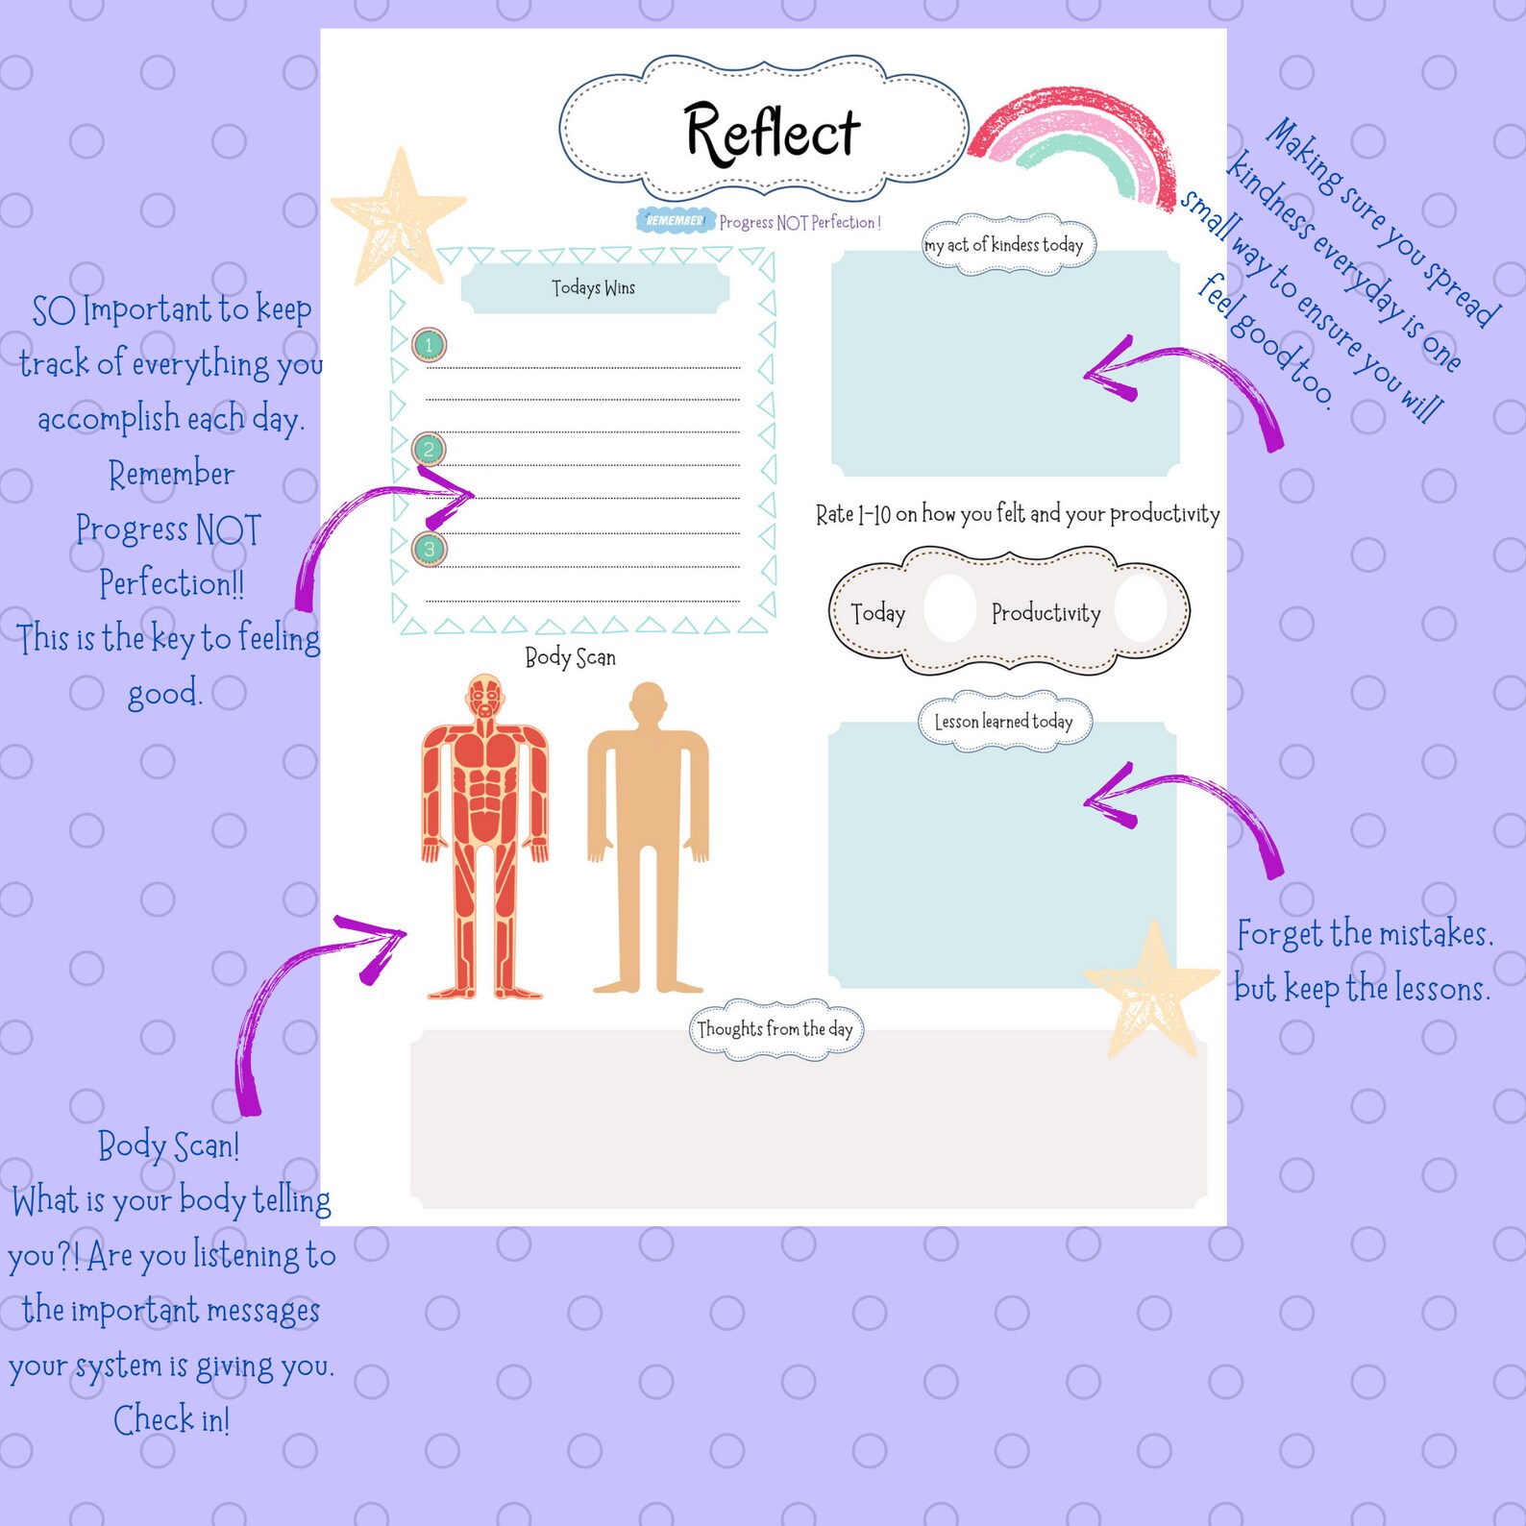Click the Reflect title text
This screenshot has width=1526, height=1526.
(x=772, y=133)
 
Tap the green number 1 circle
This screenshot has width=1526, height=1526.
(x=429, y=345)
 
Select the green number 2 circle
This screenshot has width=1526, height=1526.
(x=429, y=449)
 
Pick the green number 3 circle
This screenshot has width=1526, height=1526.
(x=429, y=549)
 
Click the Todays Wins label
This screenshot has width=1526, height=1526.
(x=594, y=287)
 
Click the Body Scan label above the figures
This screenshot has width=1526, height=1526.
(x=570, y=657)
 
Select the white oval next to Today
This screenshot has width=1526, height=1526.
(x=949, y=608)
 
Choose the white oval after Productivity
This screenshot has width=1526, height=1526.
(x=1141, y=608)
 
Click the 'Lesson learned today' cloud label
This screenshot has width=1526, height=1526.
(x=1003, y=722)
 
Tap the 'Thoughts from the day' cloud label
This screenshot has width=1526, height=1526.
(x=775, y=1029)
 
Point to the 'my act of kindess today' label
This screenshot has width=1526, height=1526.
(x=1004, y=245)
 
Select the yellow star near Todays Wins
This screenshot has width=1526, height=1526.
(x=398, y=217)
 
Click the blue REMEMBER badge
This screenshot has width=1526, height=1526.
(x=676, y=221)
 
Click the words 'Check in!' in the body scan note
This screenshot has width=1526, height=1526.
(x=172, y=1419)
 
